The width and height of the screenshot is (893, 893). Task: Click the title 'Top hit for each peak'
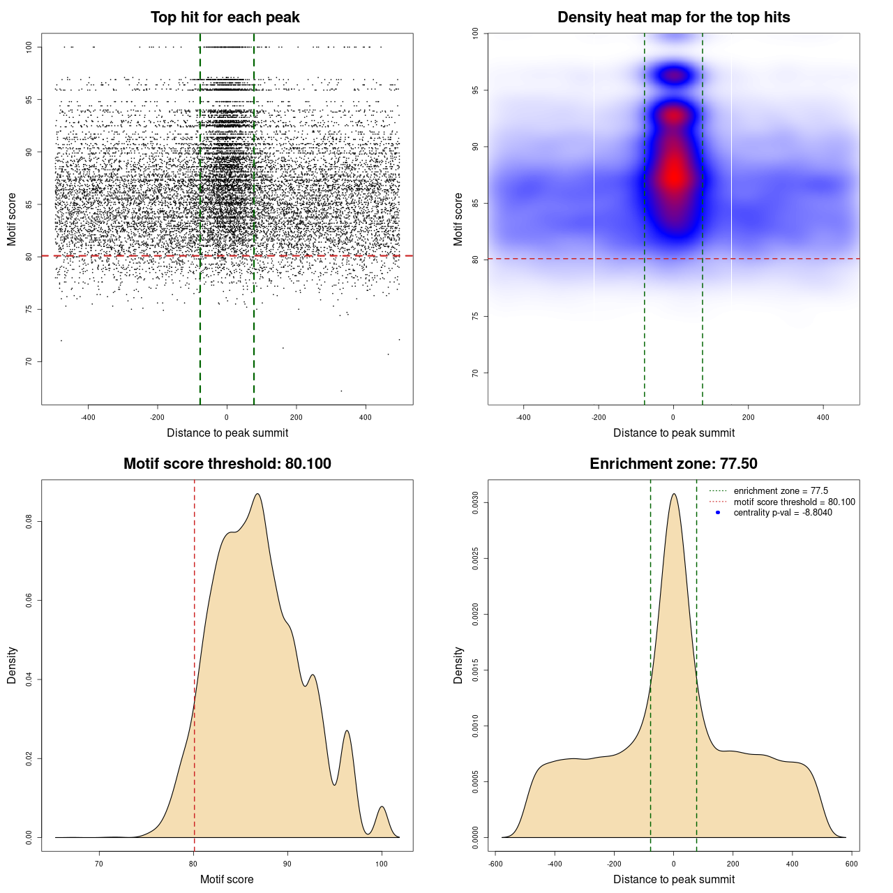tap(225, 17)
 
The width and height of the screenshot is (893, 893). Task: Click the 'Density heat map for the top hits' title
tap(673, 17)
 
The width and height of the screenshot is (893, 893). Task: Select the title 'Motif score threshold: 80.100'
tap(227, 464)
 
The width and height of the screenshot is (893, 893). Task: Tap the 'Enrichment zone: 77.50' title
tap(673, 464)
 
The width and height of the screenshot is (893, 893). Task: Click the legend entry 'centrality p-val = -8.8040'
tap(783, 513)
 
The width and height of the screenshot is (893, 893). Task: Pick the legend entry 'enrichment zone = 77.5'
tap(781, 491)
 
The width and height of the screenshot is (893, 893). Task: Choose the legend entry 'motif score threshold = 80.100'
tap(794, 502)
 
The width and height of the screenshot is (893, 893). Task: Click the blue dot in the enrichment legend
tap(718, 513)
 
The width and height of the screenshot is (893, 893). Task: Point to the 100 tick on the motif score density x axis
tap(381, 864)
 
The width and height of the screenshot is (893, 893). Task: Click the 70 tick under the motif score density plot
tap(99, 864)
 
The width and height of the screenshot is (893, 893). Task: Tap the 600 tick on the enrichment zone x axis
tap(851, 864)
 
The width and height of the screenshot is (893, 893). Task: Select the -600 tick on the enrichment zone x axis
tap(495, 864)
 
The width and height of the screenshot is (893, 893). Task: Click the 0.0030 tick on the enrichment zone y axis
tap(475, 502)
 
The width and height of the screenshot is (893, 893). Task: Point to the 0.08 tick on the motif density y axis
tap(29, 521)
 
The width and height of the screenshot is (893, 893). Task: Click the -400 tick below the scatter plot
tap(88, 417)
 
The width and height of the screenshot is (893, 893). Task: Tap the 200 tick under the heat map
tap(749, 417)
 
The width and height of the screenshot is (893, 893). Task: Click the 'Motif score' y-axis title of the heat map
tap(458, 219)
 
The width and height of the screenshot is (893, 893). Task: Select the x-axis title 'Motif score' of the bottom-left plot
tap(227, 879)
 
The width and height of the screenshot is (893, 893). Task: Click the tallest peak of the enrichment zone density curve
tap(674, 494)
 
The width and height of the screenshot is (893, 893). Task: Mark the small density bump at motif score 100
tap(382, 807)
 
